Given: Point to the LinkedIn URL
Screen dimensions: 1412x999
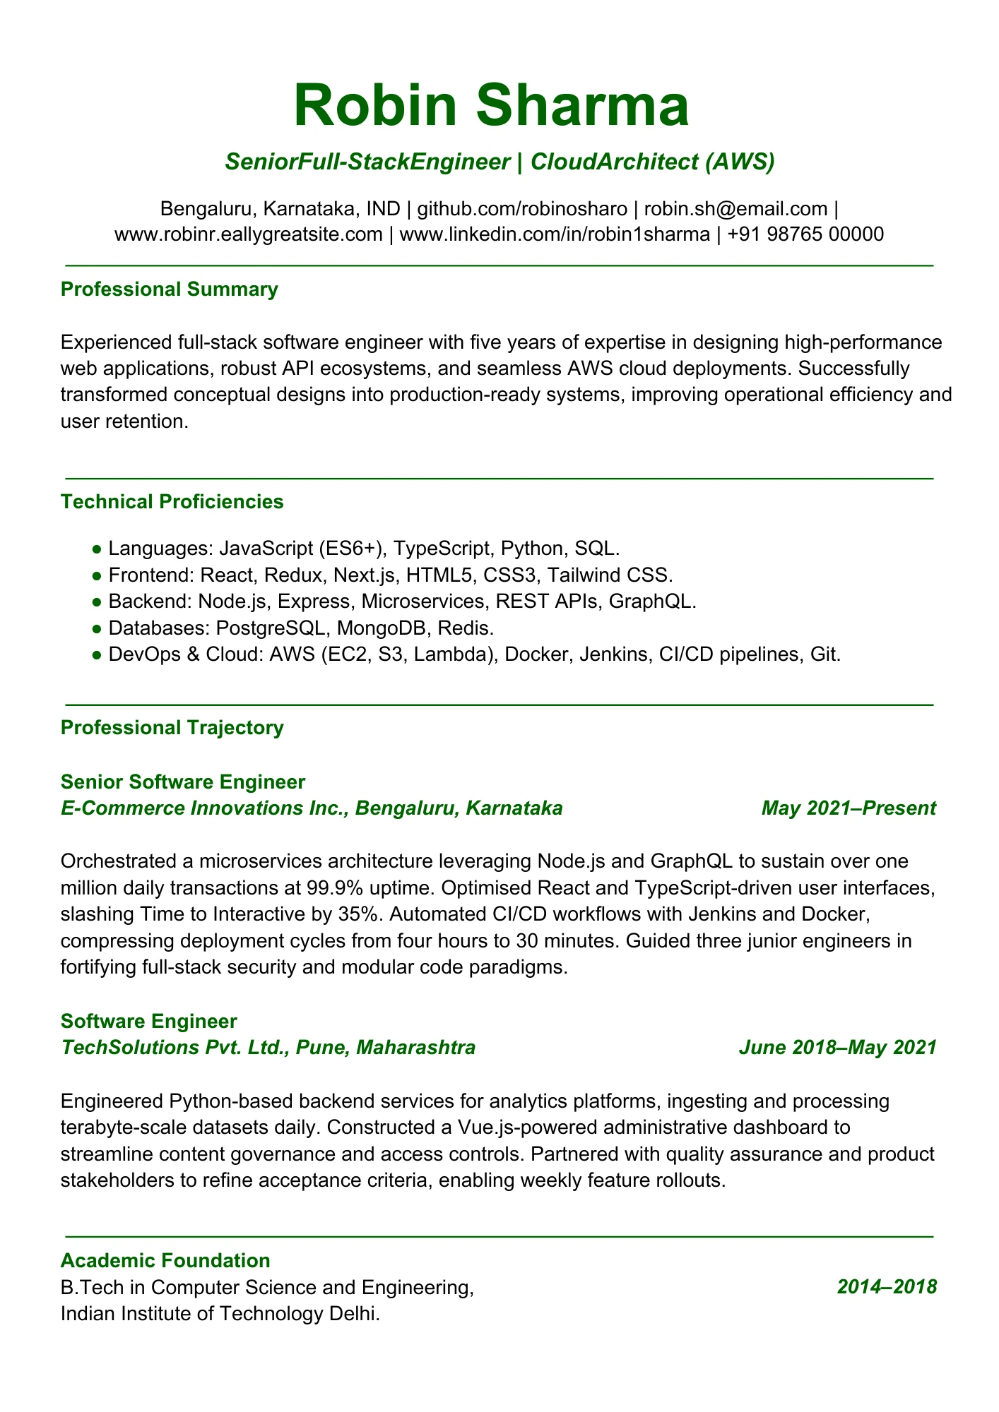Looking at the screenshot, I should point(555,234).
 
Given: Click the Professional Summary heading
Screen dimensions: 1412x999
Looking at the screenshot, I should point(170,289).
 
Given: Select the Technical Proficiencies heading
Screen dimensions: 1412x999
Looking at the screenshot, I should point(172,502).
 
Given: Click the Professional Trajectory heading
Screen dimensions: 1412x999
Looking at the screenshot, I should point(172,728).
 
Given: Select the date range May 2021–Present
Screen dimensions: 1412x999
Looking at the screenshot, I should point(849,808).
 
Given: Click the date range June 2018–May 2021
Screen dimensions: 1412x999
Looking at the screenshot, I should point(837,1047).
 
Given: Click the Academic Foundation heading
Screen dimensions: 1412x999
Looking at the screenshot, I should point(165,1260).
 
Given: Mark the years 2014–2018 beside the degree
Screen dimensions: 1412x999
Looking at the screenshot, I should point(887,1287).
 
